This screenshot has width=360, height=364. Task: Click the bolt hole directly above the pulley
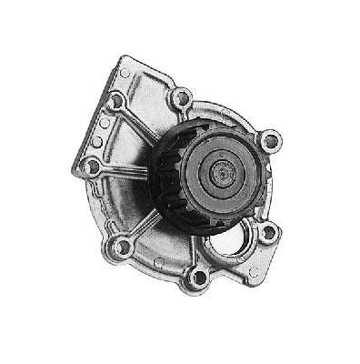[182, 96]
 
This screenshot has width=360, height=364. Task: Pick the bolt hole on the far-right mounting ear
[268, 141]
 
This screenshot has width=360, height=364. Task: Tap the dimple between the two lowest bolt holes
[159, 263]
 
